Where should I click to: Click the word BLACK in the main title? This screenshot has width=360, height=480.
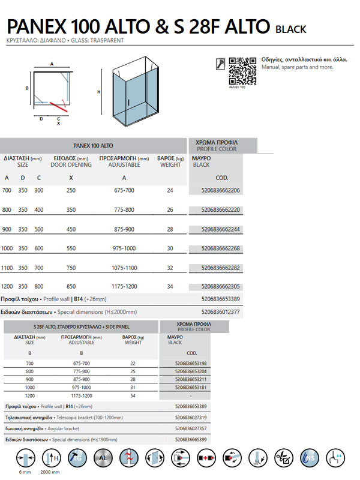291,29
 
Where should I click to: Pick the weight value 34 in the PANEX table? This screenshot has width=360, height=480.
170,286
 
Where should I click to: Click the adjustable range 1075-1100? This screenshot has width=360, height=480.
124,267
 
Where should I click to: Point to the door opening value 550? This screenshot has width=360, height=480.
71,248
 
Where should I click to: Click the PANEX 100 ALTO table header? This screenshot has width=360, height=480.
93,145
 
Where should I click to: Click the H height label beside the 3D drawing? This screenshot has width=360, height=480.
99,92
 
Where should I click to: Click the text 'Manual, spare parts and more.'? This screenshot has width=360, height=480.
298,67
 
